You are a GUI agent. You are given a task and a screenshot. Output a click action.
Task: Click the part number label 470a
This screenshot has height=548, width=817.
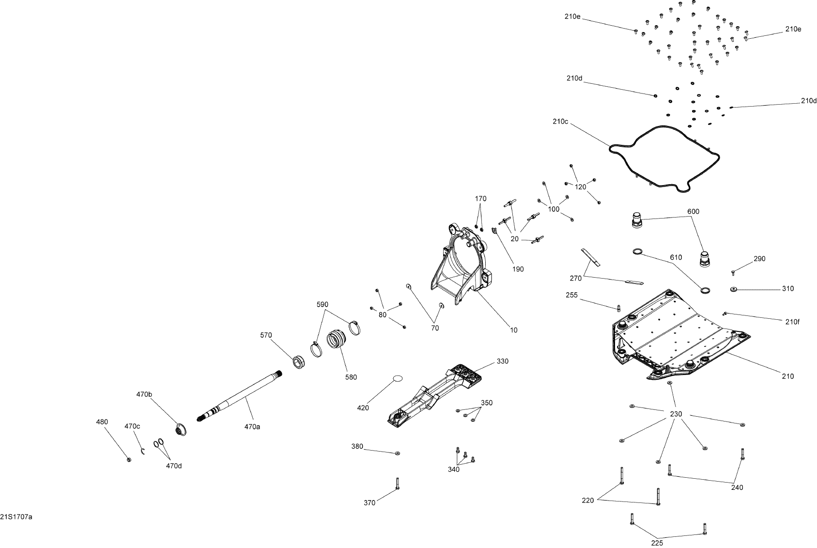pyautogui.click(x=252, y=427)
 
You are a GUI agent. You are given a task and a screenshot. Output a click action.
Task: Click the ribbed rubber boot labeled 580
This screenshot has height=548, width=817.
pyautogui.click(x=337, y=339)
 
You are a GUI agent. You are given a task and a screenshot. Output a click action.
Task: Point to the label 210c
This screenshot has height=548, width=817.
pyautogui.click(x=560, y=122)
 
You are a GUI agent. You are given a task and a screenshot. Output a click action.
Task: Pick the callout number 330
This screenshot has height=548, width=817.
pyautogui.click(x=503, y=361)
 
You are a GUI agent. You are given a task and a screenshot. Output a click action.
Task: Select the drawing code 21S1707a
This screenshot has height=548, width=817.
pyautogui.click(x=16, y=517)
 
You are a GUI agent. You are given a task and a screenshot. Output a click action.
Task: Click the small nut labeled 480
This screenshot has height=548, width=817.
pyautogui.click(x=129, y=459)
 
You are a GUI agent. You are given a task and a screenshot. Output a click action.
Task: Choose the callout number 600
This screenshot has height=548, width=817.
pyautogui.click(x=693, y=212)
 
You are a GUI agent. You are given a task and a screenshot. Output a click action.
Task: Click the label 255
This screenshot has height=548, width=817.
pyautogui.click(x=571, y=295)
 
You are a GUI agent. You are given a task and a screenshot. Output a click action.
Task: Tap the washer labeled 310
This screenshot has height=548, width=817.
pyautogui.click(x=734, y=289)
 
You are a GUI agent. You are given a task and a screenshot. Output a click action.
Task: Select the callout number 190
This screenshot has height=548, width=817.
pyautogui.click(x=518, y=269)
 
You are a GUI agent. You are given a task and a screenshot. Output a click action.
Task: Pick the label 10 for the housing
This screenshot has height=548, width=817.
pyautogui.click(x=513, y=330)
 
